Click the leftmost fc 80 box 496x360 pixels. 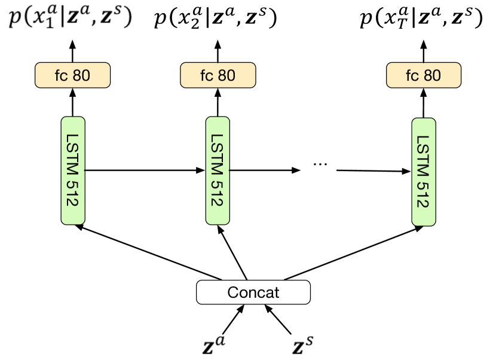[72, 75]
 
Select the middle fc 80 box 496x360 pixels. [218, 75]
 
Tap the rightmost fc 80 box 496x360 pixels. [423, 75]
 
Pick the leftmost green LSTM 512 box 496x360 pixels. [73, 170]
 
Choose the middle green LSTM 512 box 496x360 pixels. [218, 170]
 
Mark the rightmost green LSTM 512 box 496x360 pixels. [423, 172]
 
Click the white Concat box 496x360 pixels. [253, 292]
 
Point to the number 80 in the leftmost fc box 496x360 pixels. [81, 76]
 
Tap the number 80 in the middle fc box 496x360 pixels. [226, 76]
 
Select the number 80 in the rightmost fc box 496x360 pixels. [432, 76]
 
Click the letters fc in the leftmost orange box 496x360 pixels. [60, 76]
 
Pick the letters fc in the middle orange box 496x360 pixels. [206, 76]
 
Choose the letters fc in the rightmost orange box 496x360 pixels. [412, 76]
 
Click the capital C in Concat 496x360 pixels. [233, 293]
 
